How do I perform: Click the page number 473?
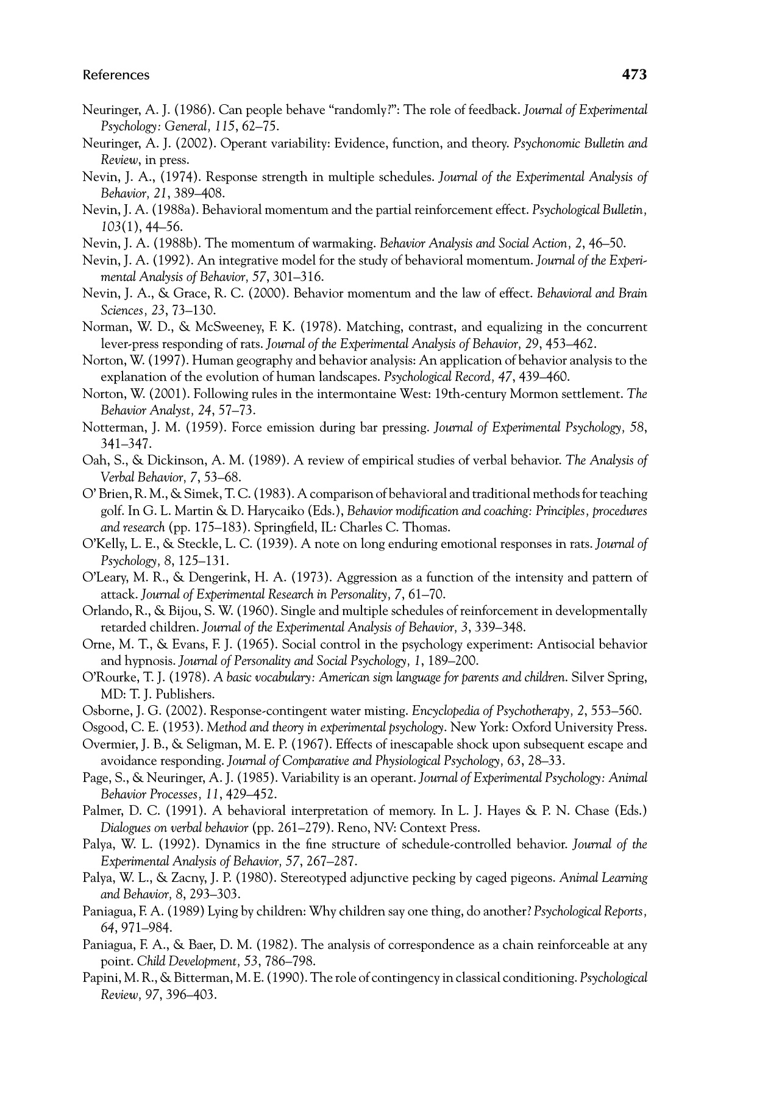coord(633,75)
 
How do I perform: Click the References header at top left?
coord(116,75)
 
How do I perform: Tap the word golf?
coord(111,511)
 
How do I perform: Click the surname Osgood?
coord(102,727)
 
